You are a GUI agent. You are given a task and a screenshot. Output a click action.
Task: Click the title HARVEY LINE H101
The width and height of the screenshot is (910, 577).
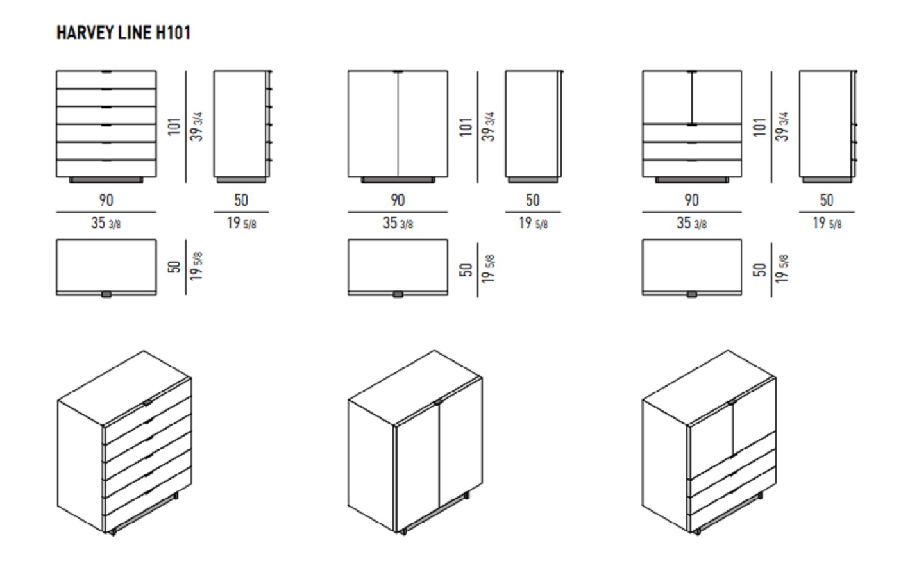coord(124,33)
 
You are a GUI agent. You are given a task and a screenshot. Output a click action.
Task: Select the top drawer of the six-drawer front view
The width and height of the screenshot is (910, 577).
coord(106,79)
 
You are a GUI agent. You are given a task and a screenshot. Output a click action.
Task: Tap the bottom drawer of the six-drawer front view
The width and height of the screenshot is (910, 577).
coord(106,168)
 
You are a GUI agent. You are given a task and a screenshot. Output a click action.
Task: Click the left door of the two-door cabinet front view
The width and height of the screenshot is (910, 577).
coord(373,124)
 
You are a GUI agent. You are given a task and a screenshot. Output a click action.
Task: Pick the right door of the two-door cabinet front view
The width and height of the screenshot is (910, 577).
coord(423,124)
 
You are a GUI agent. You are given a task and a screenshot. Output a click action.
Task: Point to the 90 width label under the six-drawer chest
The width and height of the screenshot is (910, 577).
coord(106,200)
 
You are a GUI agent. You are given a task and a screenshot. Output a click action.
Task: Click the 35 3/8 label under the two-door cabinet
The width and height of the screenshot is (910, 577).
coord(398,223)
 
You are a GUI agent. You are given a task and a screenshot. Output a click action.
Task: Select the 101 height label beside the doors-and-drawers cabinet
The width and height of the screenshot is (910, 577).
coord(759,127)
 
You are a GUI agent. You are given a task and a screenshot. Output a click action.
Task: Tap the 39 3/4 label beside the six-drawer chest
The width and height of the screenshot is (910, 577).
coord(197,127)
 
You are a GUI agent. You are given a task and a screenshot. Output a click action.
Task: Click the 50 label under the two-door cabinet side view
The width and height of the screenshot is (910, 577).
coord(532,200)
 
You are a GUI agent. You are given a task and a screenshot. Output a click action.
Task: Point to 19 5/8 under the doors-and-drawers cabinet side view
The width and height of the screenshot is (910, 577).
coord(827,223)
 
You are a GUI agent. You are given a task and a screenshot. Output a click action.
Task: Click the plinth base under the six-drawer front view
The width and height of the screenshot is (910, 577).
coord(106,180)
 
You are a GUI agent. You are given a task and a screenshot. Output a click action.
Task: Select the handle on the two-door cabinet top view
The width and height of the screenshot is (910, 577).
coord(398,294)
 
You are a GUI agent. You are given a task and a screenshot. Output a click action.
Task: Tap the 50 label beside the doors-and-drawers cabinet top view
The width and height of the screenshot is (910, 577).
coord(759,270)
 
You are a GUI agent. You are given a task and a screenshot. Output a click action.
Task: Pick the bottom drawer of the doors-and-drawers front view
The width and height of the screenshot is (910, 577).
coord(692,168)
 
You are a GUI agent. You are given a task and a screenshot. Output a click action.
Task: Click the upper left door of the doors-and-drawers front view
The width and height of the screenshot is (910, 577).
coord(667,97)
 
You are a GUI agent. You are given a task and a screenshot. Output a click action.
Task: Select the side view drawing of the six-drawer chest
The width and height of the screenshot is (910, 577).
coord(242,126)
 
